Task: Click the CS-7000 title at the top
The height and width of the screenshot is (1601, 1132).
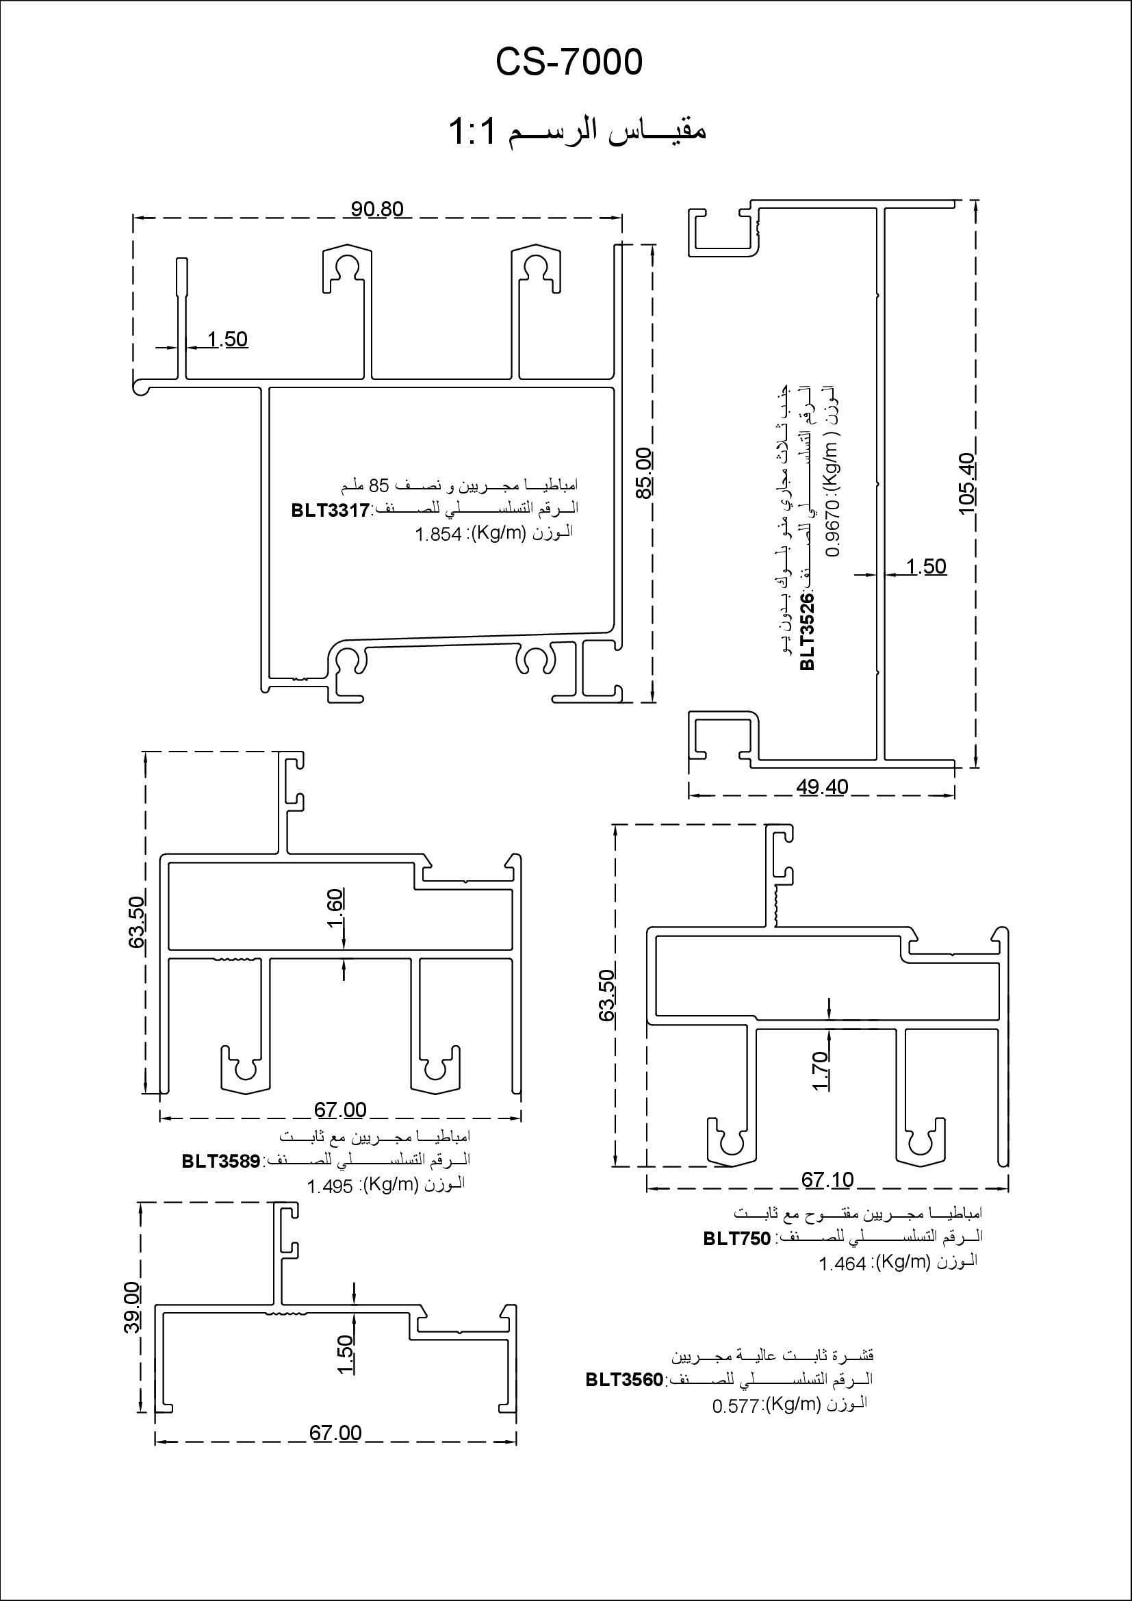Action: click(569, 63)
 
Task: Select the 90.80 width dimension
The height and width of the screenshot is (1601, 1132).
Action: click(377, 209)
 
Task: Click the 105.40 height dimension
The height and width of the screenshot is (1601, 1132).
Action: click(968, 483)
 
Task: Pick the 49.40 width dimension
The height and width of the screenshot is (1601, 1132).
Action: click(823, 787)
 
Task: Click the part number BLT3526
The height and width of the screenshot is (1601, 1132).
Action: click(807, 632)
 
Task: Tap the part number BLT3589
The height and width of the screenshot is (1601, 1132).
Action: click(221, 1161)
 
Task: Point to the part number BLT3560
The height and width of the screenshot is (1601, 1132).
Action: click(625, 1380)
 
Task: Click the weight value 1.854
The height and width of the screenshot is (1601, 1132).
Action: click(439, 535)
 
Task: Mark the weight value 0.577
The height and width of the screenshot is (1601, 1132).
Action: click(735, 1407)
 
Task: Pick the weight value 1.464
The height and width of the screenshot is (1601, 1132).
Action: click(842, 1264)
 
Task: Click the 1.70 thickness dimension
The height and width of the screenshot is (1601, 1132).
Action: click(821, 1071)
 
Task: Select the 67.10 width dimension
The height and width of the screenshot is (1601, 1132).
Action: click(827, 1180)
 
